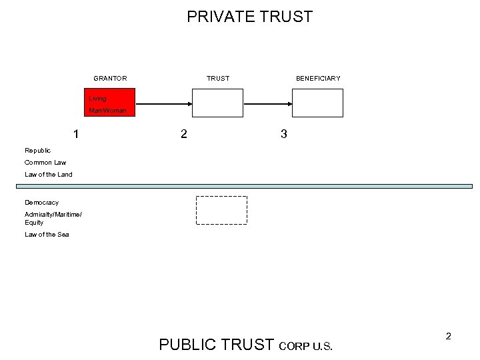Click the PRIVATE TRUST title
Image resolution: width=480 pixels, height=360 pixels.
pyautogui.click(x=249, y=17)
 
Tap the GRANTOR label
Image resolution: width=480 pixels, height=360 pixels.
pyautogui.click(x=110, y=79)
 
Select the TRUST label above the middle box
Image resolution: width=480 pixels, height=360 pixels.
pyautogui.click(x=218, y=79)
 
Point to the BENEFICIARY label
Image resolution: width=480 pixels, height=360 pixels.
pyautogui.click(x=318, y=79)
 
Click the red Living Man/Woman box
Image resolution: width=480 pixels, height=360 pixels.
pyautogui.click(x=109, y=103)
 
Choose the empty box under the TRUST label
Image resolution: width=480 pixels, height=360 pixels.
pyautogui.click(x=218, y=103)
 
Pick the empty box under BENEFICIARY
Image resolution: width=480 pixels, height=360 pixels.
pyautogui.click(x=318, y=103)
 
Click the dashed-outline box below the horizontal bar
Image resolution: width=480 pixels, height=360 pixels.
pyautogui.click(x=221, y=210)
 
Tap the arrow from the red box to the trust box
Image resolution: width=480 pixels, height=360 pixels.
pyautogui.click(x=163, y=104)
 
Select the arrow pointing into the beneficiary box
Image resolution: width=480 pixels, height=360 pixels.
pyautogui.click(x=268, y=104)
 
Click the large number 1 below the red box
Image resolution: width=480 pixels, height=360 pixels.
pyautogui.click(x=77, y=134)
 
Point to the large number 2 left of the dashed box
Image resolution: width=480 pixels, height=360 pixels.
pyautogui.click(x=184, y=134)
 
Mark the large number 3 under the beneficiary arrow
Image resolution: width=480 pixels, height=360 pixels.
pyautogui.click(x=284, y=134)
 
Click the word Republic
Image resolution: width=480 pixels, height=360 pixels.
pyautogui.click(x=37, y=151)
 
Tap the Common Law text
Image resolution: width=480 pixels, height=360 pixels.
pyautogui.click(x=45, y=163)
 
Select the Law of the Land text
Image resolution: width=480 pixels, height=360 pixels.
pyautogui.click(x=49, y=175)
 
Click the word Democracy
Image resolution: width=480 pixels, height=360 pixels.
pyautogui.click(x=41, y=203)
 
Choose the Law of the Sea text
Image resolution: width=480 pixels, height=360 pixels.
pyautogui.click(x=47, y=235)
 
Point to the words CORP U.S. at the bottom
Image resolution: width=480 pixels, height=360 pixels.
pyautogui.click(x=305, y=346)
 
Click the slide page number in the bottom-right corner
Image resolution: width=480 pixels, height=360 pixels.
pyautogui.click(x=449, y=337)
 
